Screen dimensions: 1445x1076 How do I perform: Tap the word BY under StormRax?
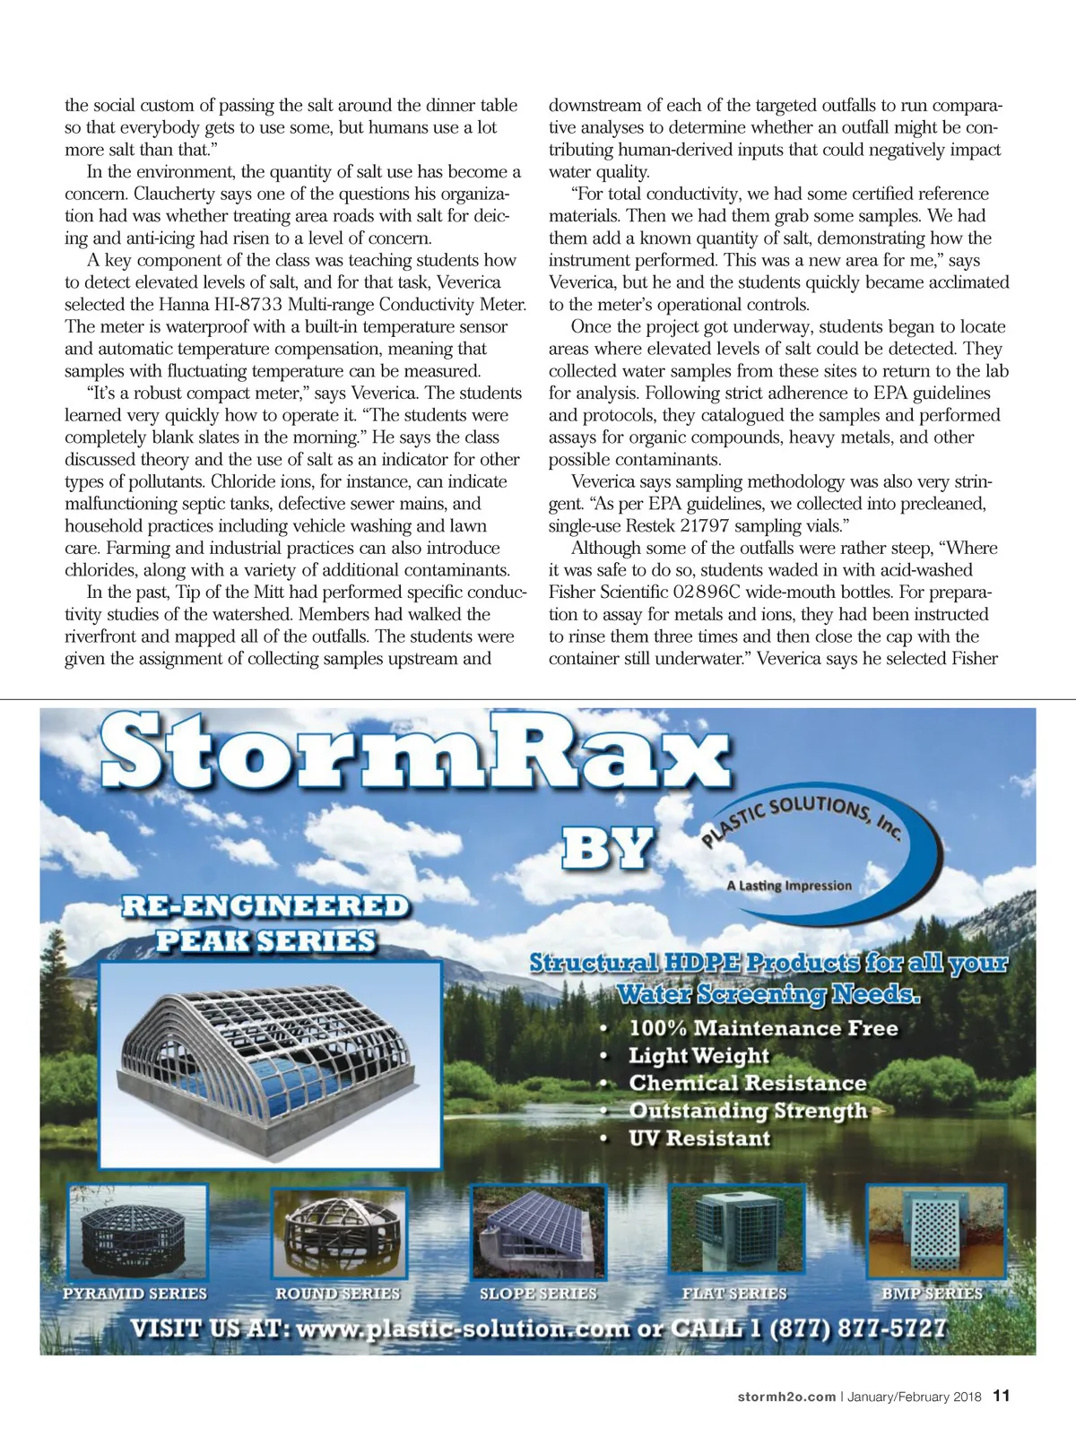point(607,848)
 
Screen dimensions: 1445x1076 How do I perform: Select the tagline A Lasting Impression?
point(789,886)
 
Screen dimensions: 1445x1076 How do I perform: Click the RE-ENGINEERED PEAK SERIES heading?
point(265,922)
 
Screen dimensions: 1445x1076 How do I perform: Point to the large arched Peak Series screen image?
point(270,1064)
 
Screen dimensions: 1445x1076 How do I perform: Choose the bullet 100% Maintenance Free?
point(762,1028)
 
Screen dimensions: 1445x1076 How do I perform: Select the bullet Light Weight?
point(699,1056)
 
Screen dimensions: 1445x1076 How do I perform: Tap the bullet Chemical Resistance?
point(747,1083)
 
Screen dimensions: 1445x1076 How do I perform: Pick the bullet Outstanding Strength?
point(748,1111)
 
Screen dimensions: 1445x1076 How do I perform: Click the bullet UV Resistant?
point(699,1138)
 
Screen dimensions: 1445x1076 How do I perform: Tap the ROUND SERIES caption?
point(337,1294)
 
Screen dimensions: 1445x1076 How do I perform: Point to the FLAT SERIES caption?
point(734,1294)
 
